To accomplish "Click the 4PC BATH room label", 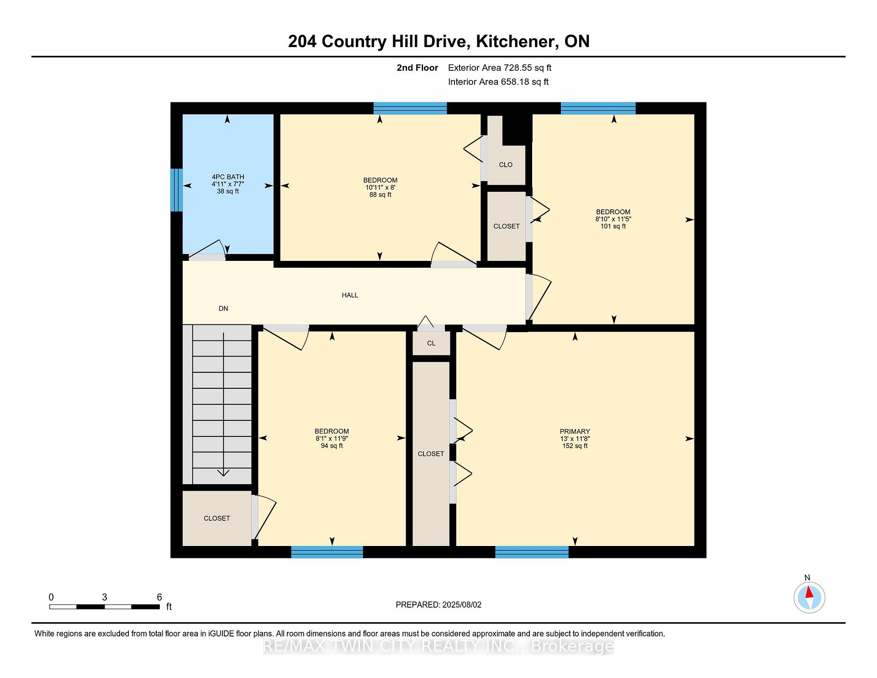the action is pyautogui.click(x=228, y=177).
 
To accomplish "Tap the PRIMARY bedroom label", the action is pyautogui.click(x=575, y=431).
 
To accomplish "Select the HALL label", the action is pyautogui.click(x=350, y=295).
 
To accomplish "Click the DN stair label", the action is pyautogui.click(x=223, y=308).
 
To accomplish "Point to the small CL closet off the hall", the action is pyautogui.click(x=431, y=343).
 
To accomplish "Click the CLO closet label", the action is pyautogui.click(x=506, y=164).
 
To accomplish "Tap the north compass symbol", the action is pyautogui.click(x=809, y=597).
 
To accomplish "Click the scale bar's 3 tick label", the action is pyautogui.click(x=105, y=597).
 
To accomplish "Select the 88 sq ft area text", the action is pyautogui.click(x=380, y=195).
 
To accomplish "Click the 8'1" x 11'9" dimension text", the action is pyautogui.click(x=332, y=439).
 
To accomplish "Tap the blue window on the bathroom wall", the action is pyautogui.click(x=177, y=190).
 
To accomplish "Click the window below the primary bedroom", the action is pyautogui.click(x=532, y=552).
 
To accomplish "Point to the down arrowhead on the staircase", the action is pyautogui.click(x=223, y=473).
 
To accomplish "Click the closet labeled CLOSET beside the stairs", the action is pyautogui.click(x=217, y=518).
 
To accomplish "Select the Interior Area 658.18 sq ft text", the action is pyautogui.click(x=498, y=82).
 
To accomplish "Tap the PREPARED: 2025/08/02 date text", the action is pyautogui.click(x=438, y=604).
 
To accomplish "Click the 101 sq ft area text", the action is pyautogui.click(x=613, y=226).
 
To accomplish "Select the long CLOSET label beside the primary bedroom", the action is pyautogui.click(x=431, y=454).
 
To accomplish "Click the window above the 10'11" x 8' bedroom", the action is pyautogui.click(x=410, y=108).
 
